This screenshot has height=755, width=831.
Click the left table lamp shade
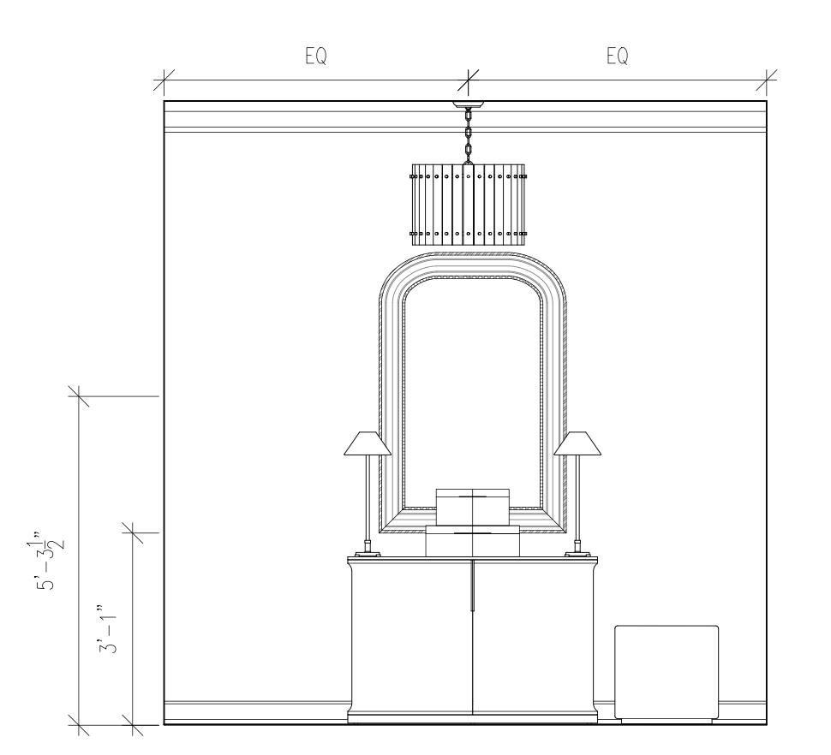click(x=368, y=443)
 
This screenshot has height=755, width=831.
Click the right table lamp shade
click(x=577, y=443)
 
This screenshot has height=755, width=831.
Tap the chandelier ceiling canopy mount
click(x=468, y=106)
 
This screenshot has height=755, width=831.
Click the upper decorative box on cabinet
click(x=473, y=505)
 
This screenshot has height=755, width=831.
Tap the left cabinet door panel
click(x=412, y=638)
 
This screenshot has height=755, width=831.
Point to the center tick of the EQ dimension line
click(x=468, y=81)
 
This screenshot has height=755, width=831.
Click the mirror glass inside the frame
click(x=473, y=385)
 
